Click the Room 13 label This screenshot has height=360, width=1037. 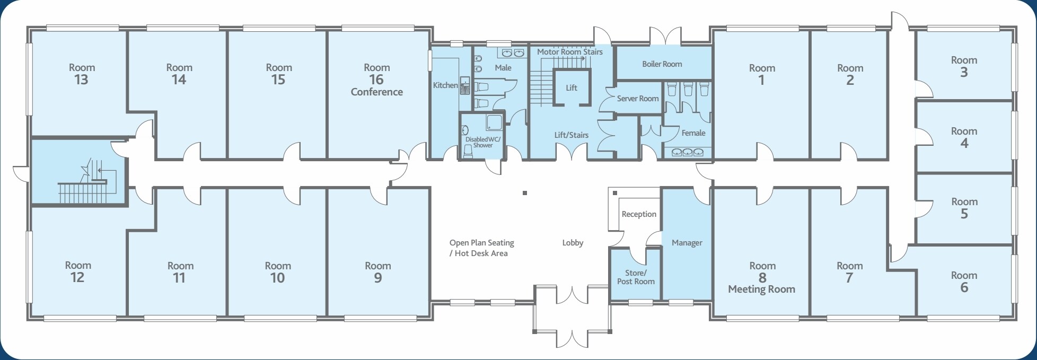click(x=82, y=74)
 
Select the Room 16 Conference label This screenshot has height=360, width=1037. click(x=376, y=80)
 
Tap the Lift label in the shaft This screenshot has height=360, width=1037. click(x=571, y=88)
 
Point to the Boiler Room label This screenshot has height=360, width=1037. click(x=662, y=64)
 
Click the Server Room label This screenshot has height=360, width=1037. click(x=637, y=99)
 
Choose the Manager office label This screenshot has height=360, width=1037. click(x=687, y=243)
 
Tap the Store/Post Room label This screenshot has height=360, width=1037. click(x=636, y=277)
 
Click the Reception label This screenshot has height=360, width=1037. click(x=639, y=214)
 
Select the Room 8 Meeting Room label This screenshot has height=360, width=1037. click(x=762, y=277)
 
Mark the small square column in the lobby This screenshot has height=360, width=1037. click(x=524, y=194)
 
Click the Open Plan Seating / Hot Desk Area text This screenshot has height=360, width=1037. click(x=481, y=248)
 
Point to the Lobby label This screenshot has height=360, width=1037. click(x=573, y=243)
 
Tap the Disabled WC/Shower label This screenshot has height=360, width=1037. click(x=482, y=142)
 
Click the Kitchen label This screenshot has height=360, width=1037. click(x=445, y=85)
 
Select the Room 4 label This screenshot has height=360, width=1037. click(x=963, y=137)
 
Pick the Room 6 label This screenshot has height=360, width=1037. click(x=963, y=282)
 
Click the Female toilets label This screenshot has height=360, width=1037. click(x=693, y=133)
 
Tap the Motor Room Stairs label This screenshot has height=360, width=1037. click(x=569, y=52)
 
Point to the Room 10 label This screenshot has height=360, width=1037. click(x=278, y=272)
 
